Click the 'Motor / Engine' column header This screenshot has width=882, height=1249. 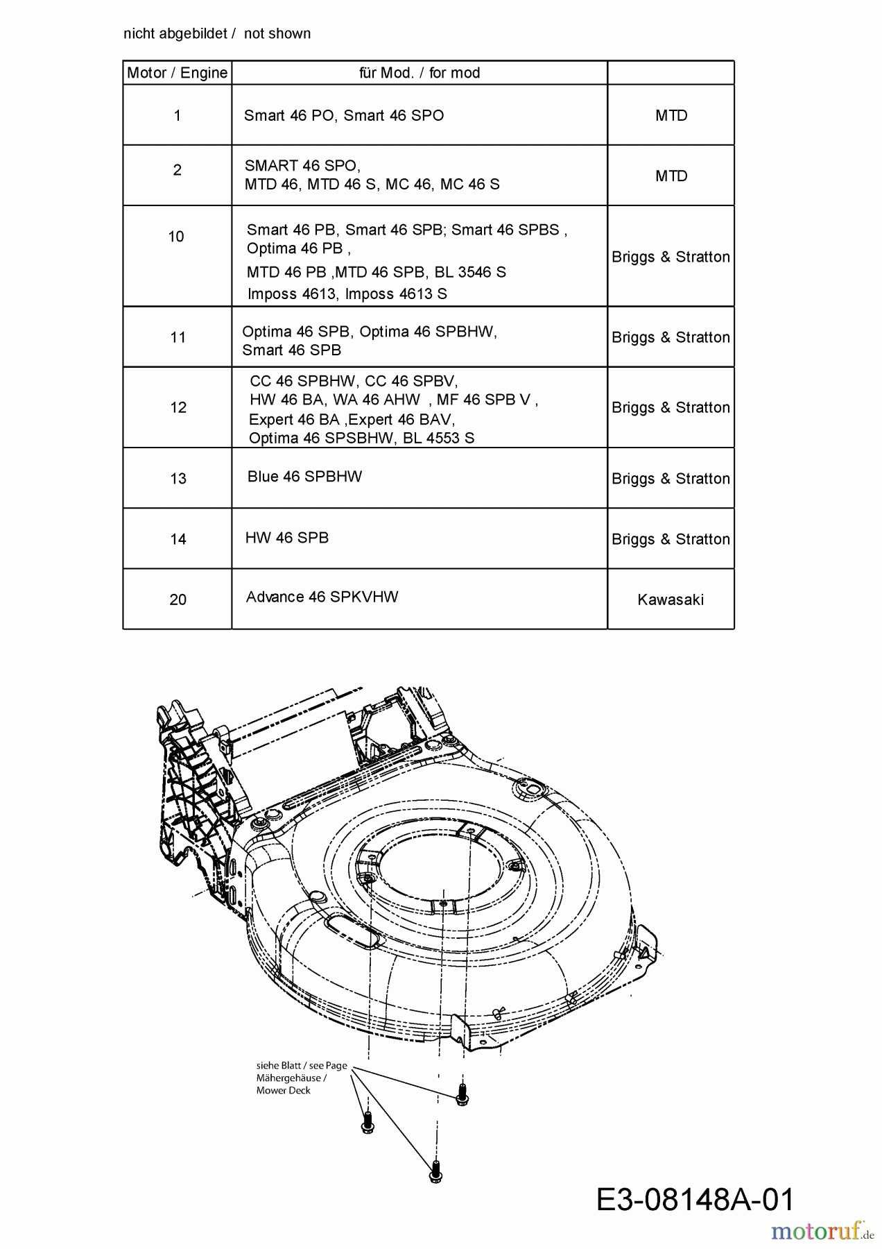click(177, 73)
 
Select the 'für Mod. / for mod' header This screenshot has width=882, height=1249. click(420, 73)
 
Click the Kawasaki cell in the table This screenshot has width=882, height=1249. click(671, 600)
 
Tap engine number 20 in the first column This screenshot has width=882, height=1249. click(178, 600)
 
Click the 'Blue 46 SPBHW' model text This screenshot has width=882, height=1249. click(304, 477)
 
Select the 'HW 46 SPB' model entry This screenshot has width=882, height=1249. click(287, 538)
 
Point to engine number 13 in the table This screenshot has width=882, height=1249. click(178, 479)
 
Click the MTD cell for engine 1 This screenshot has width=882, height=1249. click(671, 116)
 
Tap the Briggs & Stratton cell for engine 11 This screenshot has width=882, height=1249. click(671, 337)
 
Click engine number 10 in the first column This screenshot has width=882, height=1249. click(176, 237)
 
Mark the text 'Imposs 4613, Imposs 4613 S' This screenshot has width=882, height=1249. click(347, 294)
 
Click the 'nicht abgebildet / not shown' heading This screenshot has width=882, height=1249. click(217, 33)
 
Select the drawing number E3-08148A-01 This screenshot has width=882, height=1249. click(695, 1199)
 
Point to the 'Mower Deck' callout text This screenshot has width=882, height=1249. click(284, 1091)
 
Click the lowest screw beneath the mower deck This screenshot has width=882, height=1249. click(435, 1172)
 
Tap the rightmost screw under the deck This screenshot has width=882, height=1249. click(462, 1094)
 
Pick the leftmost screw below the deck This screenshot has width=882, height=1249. click(368, 1122)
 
